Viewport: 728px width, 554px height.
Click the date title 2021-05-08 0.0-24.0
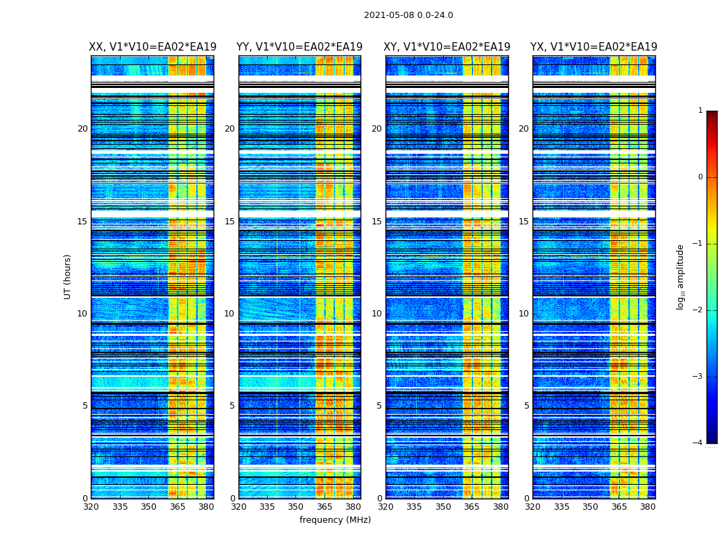[408, 15]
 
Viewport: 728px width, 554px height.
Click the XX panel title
[151, 47]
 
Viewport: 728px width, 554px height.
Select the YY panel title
[299, 47]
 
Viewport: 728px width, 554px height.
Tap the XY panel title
[447, 47]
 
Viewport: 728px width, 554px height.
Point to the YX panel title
[593, 47]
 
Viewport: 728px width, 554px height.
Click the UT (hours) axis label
[68, 276]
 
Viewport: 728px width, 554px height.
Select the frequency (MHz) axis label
[335, 520]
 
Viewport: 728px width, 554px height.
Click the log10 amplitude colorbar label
[681, 276]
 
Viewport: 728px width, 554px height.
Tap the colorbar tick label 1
[700, 111]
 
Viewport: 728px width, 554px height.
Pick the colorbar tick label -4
[698, 443]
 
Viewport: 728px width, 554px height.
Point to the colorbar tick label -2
[698, 310]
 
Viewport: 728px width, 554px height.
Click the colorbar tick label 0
[700, 177]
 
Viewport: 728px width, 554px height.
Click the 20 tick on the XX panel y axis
[83, 129]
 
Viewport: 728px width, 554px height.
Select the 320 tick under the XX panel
[91, 507]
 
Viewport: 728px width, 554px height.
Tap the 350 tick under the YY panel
[296, 507]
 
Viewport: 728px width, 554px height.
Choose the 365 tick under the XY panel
[471, 507]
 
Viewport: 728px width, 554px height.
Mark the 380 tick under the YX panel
[648, 507]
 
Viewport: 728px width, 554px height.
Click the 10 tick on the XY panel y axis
[376, 314]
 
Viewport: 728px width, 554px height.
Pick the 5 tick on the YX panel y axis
[526, 406]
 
